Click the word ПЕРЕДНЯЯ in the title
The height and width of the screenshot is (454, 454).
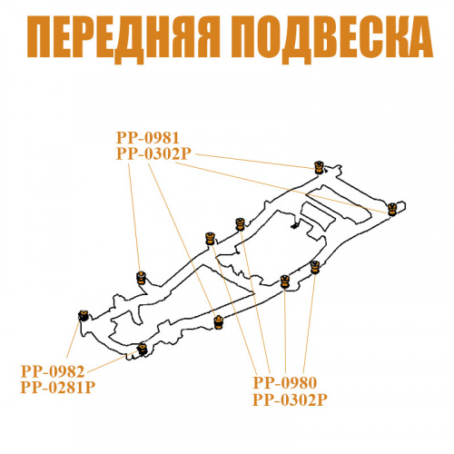pyautogui.click(x=123, y=38)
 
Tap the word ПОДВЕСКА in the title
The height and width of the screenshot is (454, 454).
pyautogui.click(x=332, y=38)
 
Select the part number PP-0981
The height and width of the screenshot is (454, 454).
pyautogui.click(x=148, y=138)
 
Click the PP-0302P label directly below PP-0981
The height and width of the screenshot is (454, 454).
pyautogui.click(x=153, y=153)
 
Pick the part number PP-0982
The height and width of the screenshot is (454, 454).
pyautogui.click(x=53, y=371)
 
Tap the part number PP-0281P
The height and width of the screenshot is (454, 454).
pyautogui.click(x=58, y=388)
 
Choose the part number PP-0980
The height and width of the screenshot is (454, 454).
pyautogui.click(x=285, y=383)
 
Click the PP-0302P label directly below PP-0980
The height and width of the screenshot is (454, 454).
pyautogui.click(x=290, y=400)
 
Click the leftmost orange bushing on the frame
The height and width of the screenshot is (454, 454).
pyautogui.click(x=84, y=316)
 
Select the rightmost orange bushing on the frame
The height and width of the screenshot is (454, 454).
pyautogui.click(x=392, y=210)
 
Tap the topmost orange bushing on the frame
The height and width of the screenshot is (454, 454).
pyautogui.click(x=319, y=167)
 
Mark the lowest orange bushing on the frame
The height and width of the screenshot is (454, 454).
pyautogui.click(x=142, y=349)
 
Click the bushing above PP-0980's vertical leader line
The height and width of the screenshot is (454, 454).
pyautogui.click(x=285, y=281)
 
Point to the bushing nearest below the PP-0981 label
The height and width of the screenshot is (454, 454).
pyautogui.click(x=141, y=278)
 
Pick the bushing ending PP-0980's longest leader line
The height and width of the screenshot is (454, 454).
pyautogui.click(x=210, y=239)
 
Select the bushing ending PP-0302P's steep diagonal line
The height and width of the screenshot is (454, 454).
pyautogui.click(x=218, y=322)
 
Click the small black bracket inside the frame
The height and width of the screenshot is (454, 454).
pyautogui.click(x=294, y=225)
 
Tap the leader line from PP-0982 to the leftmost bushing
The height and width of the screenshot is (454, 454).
pyautogui.click(x=74, y=340)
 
